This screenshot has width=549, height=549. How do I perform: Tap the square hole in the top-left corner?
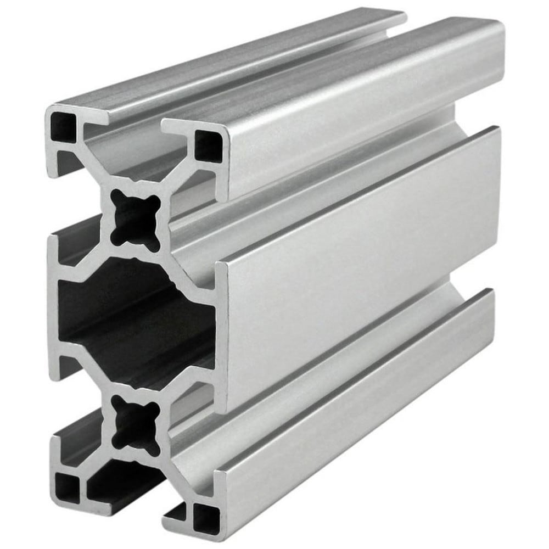pyautogui.click(x=63, y=127)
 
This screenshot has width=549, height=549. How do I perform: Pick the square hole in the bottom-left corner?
pyautogui.click(x=68, y=486)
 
